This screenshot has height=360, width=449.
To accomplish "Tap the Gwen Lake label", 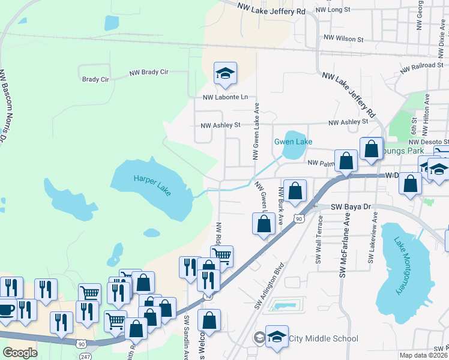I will pos(294,142).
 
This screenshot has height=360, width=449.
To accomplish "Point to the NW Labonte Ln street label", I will pos(225,97).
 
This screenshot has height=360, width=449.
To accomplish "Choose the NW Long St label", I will pos(333,10).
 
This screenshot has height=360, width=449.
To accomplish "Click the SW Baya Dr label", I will pos(355,206).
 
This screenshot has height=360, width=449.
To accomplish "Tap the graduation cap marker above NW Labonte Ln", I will pos(226,73).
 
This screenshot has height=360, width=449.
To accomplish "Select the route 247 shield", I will pos(83,356).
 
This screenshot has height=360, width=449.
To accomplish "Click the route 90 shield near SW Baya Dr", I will pos(298,219).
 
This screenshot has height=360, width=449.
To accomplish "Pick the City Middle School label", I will pos(324,339).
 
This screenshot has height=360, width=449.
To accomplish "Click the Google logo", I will pos(20,352).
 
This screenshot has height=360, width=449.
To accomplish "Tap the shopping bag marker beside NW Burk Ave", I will pos(295,191).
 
